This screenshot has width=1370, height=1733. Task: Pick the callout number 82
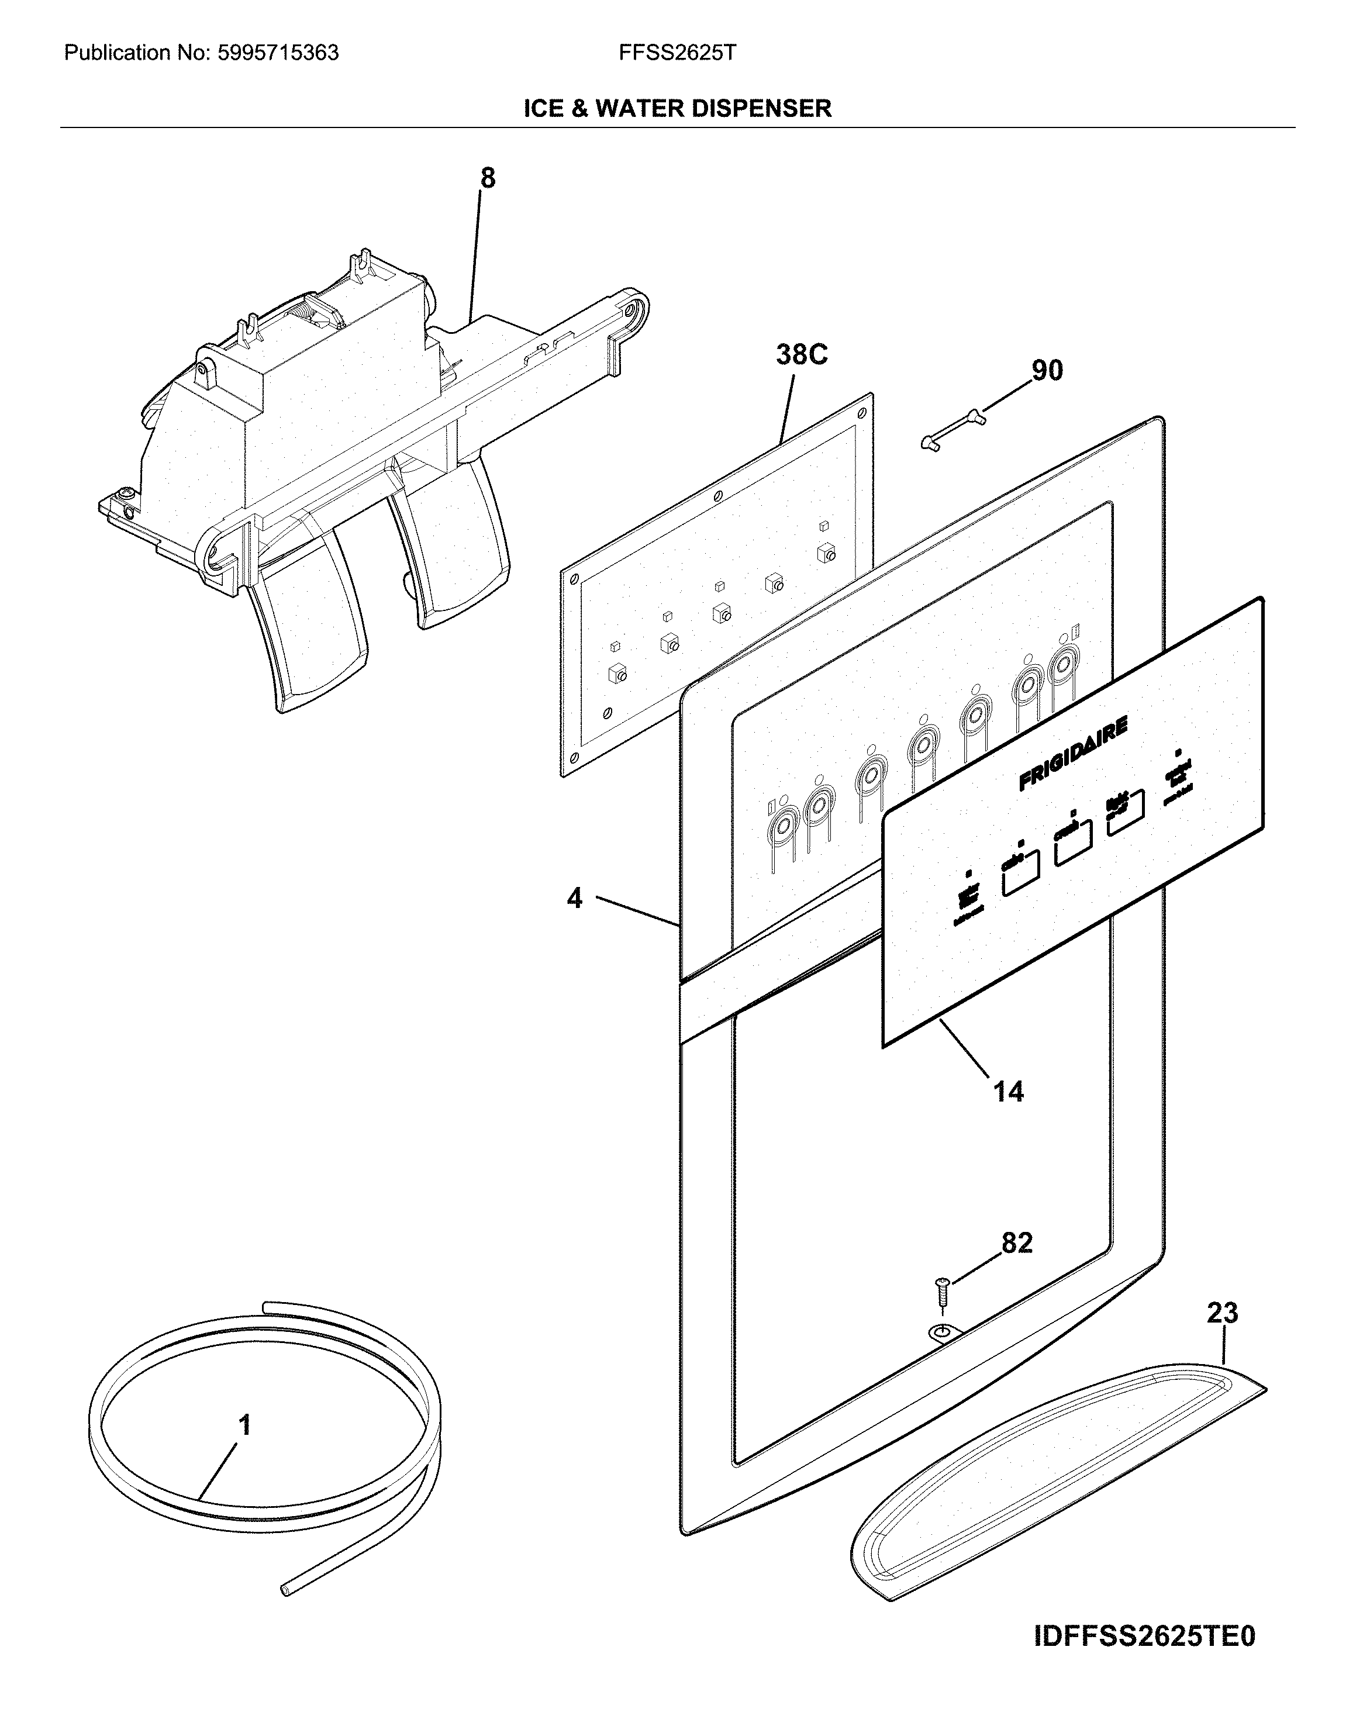[x=1016, y=1242]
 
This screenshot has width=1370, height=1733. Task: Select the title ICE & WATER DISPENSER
[x=677, y=108]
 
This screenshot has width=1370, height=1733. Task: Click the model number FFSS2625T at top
[x=677, y=54]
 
